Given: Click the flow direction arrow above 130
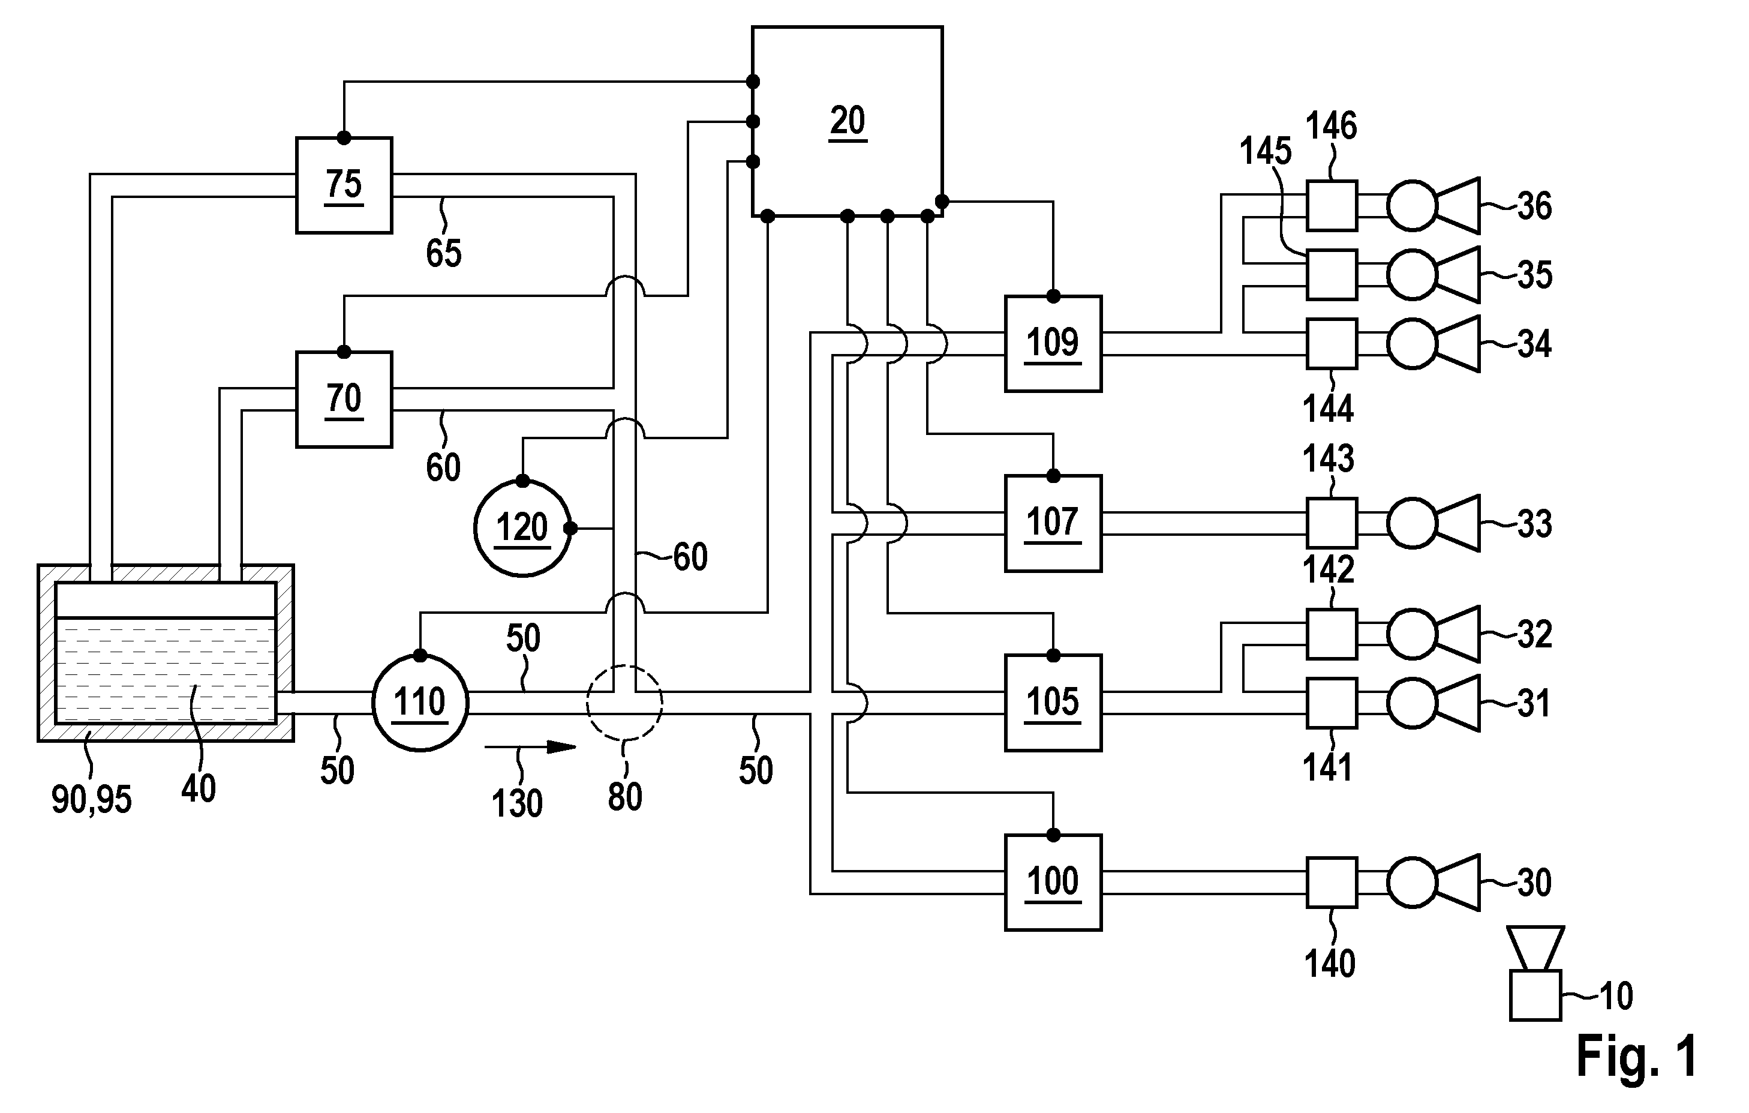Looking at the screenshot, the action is click(x=530, y=746).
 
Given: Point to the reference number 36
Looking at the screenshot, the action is click(x=1534, y=206).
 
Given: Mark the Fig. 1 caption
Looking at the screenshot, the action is click(x=1637, y=1055).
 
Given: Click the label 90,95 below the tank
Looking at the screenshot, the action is click(x=92, y=799).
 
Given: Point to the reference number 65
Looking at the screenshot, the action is click(x=444, y=253).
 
